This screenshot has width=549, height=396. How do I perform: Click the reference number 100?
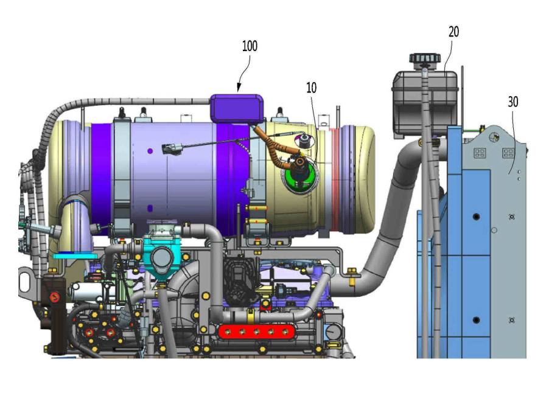250,46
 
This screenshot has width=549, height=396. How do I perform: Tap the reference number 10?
311,88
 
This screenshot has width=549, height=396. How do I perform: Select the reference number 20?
453,32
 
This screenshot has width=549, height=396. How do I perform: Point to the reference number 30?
513,102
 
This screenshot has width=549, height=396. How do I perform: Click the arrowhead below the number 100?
239,88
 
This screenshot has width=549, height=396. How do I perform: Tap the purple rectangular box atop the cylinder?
237,108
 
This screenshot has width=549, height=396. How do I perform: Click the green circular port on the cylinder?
301,176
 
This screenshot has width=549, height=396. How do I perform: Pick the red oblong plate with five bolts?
256,332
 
